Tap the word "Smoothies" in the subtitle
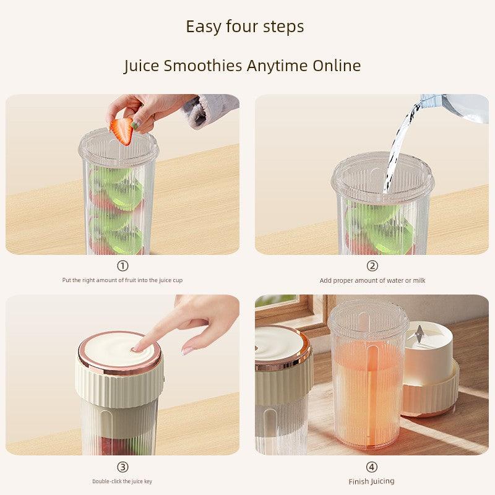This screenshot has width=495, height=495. point(203,66)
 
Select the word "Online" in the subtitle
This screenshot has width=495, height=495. point(337,66)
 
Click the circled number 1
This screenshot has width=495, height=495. point(123,266)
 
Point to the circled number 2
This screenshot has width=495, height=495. point(372,266)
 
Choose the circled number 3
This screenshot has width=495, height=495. point(123,467)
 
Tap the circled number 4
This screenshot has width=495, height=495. point(372,467)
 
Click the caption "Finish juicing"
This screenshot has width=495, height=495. point(372,481)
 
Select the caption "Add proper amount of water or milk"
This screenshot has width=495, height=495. point(372,280)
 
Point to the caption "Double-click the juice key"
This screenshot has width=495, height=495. point(122,481)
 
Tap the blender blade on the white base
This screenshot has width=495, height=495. point(420,334)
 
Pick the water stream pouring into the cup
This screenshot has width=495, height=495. point(398,148)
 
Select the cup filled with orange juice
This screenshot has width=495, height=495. point(368,376)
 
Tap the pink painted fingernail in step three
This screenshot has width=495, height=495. point(187,351)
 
